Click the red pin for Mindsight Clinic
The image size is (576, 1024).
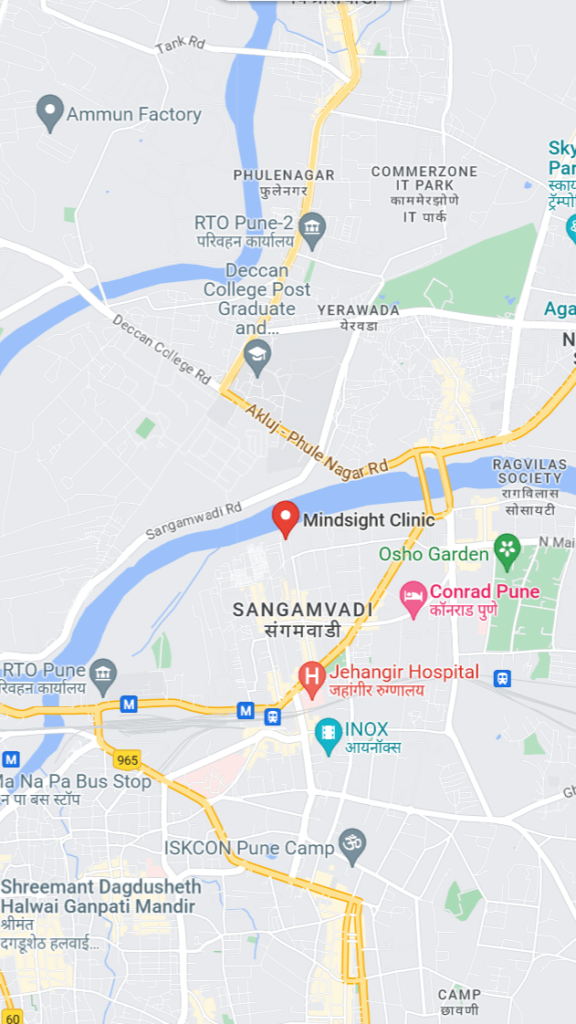[286, 518]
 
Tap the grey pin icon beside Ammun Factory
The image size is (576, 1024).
[49, 113]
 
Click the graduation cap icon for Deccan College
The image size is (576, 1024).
[257, 356]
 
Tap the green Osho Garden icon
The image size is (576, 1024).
[506, 550]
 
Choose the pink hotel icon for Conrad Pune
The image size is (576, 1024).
[414, 600]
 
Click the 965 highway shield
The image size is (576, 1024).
[128, 759]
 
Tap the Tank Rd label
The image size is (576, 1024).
[181, 45]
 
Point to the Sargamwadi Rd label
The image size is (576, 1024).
[194, 519]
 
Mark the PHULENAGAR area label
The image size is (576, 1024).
[284, 174]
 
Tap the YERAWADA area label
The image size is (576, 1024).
[358, 310]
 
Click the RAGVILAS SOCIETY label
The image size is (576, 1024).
[528, 471]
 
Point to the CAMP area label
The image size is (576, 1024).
[458, 994]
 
